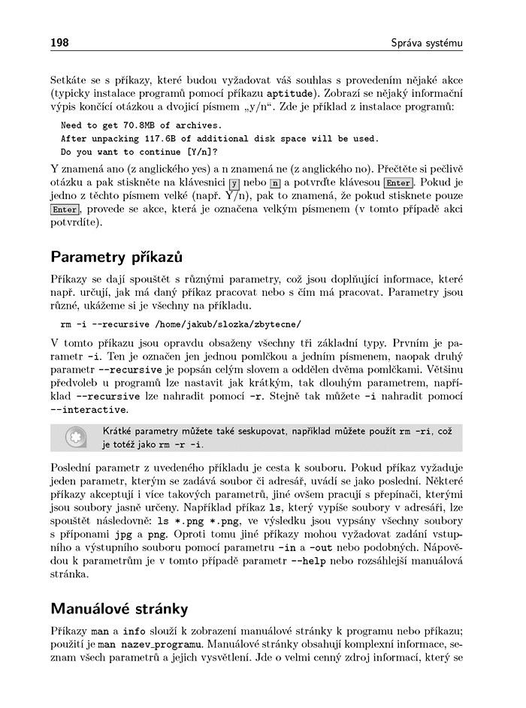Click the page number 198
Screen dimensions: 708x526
pyautogui.click(x=59, y=42)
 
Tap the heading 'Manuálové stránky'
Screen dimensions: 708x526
pyautogui.click(x=119, y=607)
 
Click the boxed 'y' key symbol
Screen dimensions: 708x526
pyautogui.click(x=234, y=183)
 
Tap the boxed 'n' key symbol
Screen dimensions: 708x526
pyautogui.click(x=275, y=183)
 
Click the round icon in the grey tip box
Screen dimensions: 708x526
pyautogui.click(x=74, y=438)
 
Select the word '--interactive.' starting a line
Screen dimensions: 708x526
pyautogui.click(x=89, y=410)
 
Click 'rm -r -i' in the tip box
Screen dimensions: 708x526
pyautogui.click(x=180, y=444)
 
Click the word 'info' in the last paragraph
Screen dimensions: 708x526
pyautogui.click(x=135, y=630)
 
